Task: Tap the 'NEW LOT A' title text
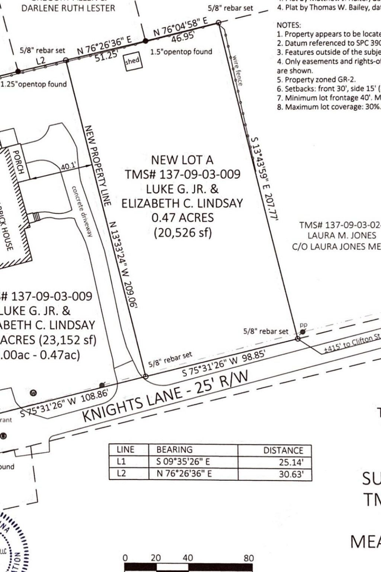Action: [x=182, y=160]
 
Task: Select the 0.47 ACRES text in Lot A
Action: [x=182, y=218]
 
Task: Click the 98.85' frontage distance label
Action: [x=254, y=356]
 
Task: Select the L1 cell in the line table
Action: [x=121, y=462]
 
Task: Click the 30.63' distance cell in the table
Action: [x=291, y=474]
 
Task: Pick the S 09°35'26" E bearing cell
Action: [x=183, y=462]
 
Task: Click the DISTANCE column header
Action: [x=283, y=450]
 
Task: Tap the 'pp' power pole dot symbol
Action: [x=303, y=331]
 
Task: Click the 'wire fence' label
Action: [x=237, y=71]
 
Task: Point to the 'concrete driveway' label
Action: [x=82, y=211]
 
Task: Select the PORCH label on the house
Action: [x=18, y=162]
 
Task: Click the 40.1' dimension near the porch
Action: [x=68, y=167]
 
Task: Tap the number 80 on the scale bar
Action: [x=249, y=558]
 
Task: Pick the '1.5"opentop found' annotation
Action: [x=181, y=52]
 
